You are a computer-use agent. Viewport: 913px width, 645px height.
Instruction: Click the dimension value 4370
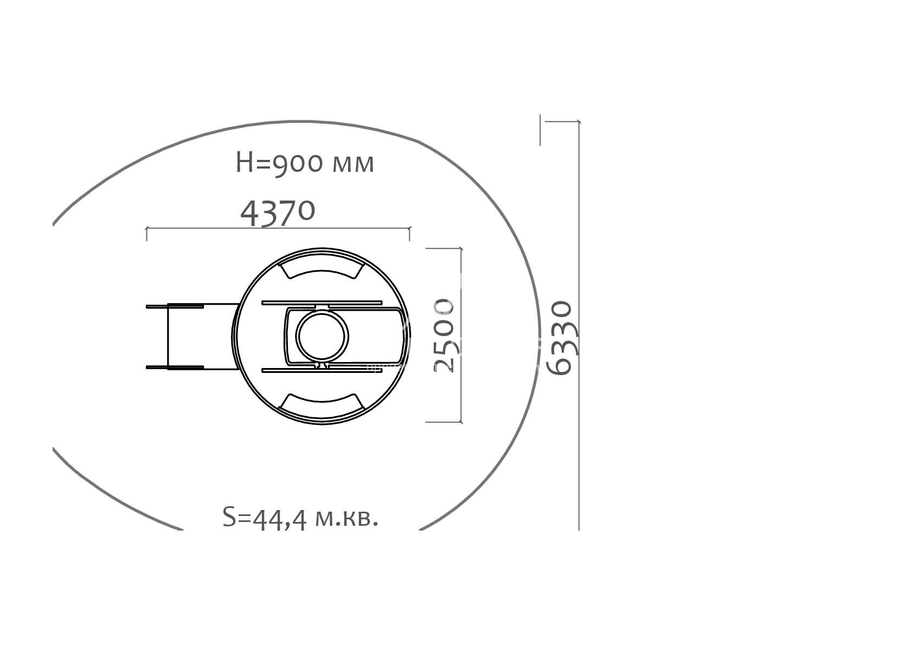click(278, 212)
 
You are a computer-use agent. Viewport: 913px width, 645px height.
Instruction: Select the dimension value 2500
click(444, 336)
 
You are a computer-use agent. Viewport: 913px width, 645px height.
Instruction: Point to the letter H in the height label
click(245, 163)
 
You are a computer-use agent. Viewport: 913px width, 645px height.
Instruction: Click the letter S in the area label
click(229, 517)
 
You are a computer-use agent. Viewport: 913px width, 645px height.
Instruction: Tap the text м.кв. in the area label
click(346, 519)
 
